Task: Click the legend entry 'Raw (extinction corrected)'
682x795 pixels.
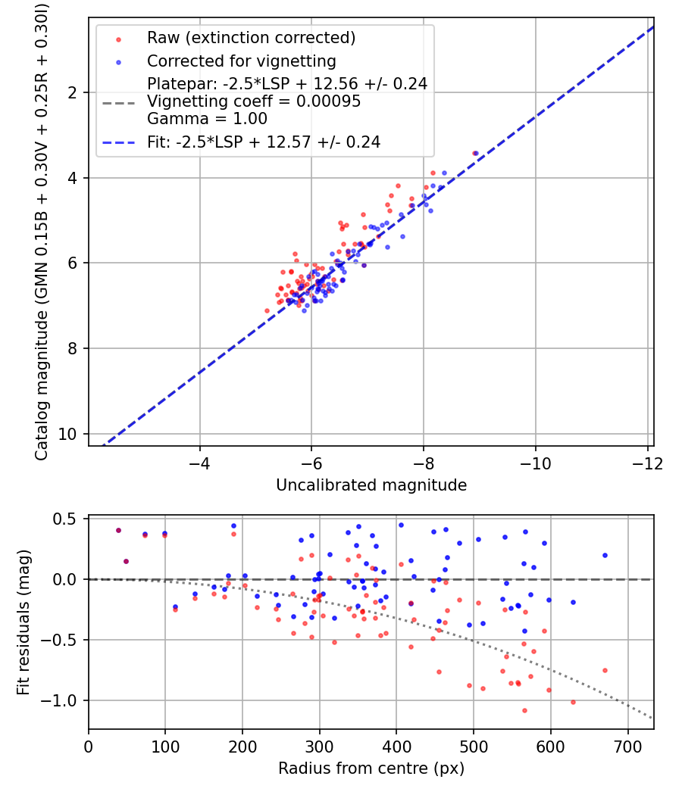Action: (251, 38)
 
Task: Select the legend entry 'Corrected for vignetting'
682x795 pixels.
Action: (242, 61)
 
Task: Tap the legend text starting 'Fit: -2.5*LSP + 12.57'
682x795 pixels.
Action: (264, 142)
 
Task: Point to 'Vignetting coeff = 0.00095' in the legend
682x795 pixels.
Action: (254, 101)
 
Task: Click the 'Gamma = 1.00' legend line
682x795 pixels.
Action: (207, 119)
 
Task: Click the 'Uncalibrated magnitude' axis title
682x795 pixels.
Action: (371, 485)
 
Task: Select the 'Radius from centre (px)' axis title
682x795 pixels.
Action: (371, 768)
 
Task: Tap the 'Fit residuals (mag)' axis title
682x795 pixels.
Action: (23, 622)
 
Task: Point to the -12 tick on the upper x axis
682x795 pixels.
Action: (647, 464)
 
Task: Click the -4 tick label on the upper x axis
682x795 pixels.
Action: (200, 464)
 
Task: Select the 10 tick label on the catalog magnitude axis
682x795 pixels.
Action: (67, 435)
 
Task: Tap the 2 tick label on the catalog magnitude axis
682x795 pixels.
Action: (72, 93)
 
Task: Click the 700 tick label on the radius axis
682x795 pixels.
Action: (628, 747)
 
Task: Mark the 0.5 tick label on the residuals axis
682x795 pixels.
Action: (64, 519)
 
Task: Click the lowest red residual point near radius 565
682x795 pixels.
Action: (524, 711)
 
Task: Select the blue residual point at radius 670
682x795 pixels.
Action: (605, 556)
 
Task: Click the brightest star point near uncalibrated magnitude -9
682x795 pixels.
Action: (475, 153)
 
